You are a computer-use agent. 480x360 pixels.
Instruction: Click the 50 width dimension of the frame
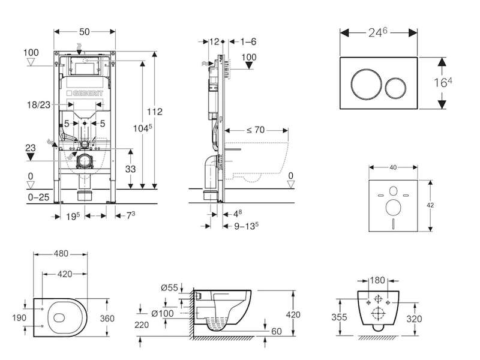85,30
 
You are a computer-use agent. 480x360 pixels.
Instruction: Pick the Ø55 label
173,289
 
